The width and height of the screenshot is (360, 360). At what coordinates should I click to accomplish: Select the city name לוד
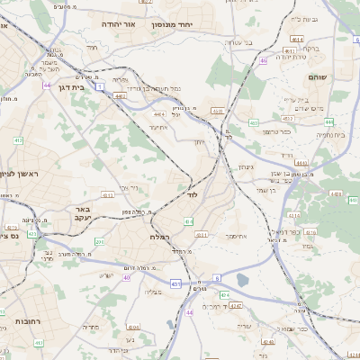193,193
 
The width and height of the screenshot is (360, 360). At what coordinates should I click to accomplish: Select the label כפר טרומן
276,132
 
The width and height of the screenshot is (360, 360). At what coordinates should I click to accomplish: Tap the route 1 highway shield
101,86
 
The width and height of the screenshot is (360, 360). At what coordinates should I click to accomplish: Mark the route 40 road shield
127,277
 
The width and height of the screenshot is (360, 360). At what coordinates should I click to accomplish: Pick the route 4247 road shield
236,306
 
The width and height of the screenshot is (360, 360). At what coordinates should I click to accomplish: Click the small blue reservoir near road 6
242,281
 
